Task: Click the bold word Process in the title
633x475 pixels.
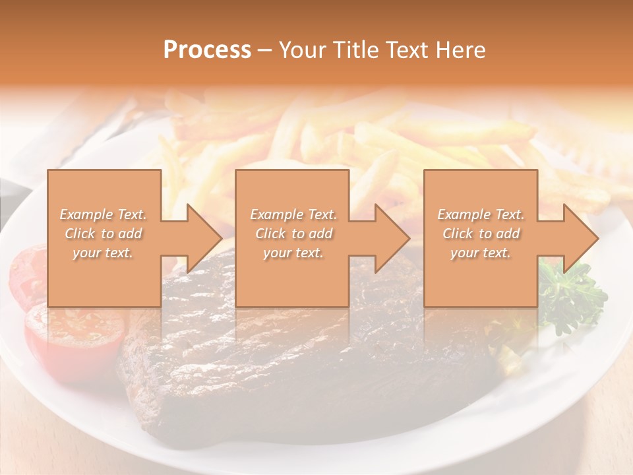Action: coord(207,50)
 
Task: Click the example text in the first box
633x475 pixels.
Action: coord(104,234)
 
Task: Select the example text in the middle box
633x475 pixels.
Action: coord(293,234)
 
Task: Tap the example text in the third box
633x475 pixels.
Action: coord(481,234)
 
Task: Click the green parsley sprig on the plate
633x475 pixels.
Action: coord(572,297)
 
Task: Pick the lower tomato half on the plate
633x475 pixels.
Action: coord(74,336)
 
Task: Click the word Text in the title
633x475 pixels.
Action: coord(408,50)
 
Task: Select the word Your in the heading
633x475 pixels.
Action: coord(303,50)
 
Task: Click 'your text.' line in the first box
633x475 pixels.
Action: coord(104,253)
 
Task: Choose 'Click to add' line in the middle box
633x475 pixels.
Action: coord(293,234)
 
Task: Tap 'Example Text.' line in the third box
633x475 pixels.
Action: coord(481,214)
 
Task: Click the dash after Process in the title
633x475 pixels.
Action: coord(265,51)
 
